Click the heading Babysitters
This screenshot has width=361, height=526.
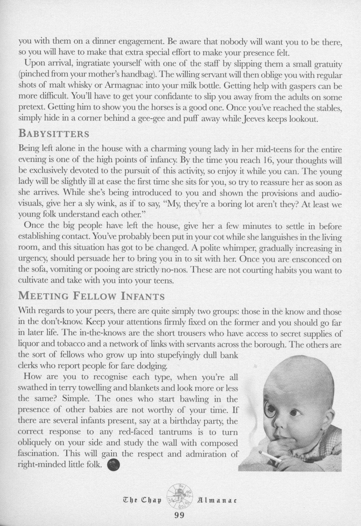[x=54, y=134]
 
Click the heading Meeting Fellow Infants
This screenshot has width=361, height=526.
[x=91, y=296]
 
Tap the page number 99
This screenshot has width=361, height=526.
[x=179, y=515]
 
